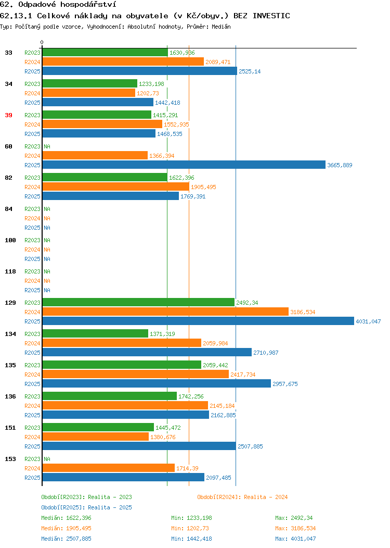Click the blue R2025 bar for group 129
point(198,321)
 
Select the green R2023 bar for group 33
point(105,53)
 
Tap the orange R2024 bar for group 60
point(95,156)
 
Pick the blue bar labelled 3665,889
point(184,165)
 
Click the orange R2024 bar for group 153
point(109,468)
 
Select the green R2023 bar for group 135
point(122,365)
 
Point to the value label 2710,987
point(266,353)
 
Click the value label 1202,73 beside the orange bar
point(148,93)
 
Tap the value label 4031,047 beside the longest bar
point(368,321)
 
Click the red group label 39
point(9,115)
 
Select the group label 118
point(10,271)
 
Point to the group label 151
point(10,428)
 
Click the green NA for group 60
point(47,146)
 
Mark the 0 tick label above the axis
point(42,42)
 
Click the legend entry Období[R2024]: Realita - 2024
point(242,497)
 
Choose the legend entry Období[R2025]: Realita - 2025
point(86,507)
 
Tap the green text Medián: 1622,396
point(66,518)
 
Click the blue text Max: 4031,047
point(295,539)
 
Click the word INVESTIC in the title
point(271,16)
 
